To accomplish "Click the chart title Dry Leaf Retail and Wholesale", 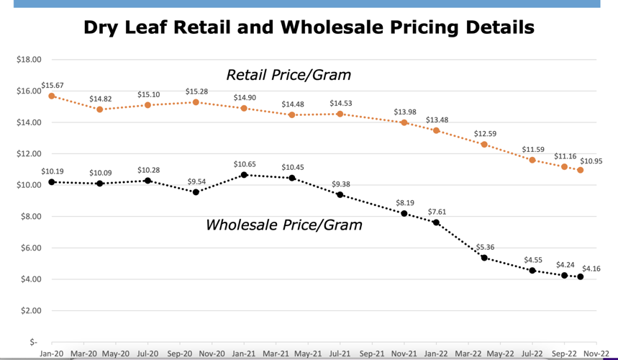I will click(309, 27).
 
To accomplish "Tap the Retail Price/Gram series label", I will click(288, 75).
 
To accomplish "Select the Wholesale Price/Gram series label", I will click(283, 225).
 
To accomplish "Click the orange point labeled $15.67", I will click(52, 96).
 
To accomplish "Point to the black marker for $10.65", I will click(244, 175).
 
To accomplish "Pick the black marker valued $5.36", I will click(484, 258).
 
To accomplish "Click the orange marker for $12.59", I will click(484, 144).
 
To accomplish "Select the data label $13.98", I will click(405, 112).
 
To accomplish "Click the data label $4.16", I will click(591, 268).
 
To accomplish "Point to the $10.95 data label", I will click(591, 161).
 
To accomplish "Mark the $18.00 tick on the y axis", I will click(29, 60).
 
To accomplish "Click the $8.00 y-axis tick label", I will click(29, 217).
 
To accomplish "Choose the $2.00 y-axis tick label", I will click(29, 311).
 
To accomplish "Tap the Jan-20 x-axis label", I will click(52, 354).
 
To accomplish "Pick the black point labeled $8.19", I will click(404, 213).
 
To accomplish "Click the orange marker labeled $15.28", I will click(196, 102).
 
